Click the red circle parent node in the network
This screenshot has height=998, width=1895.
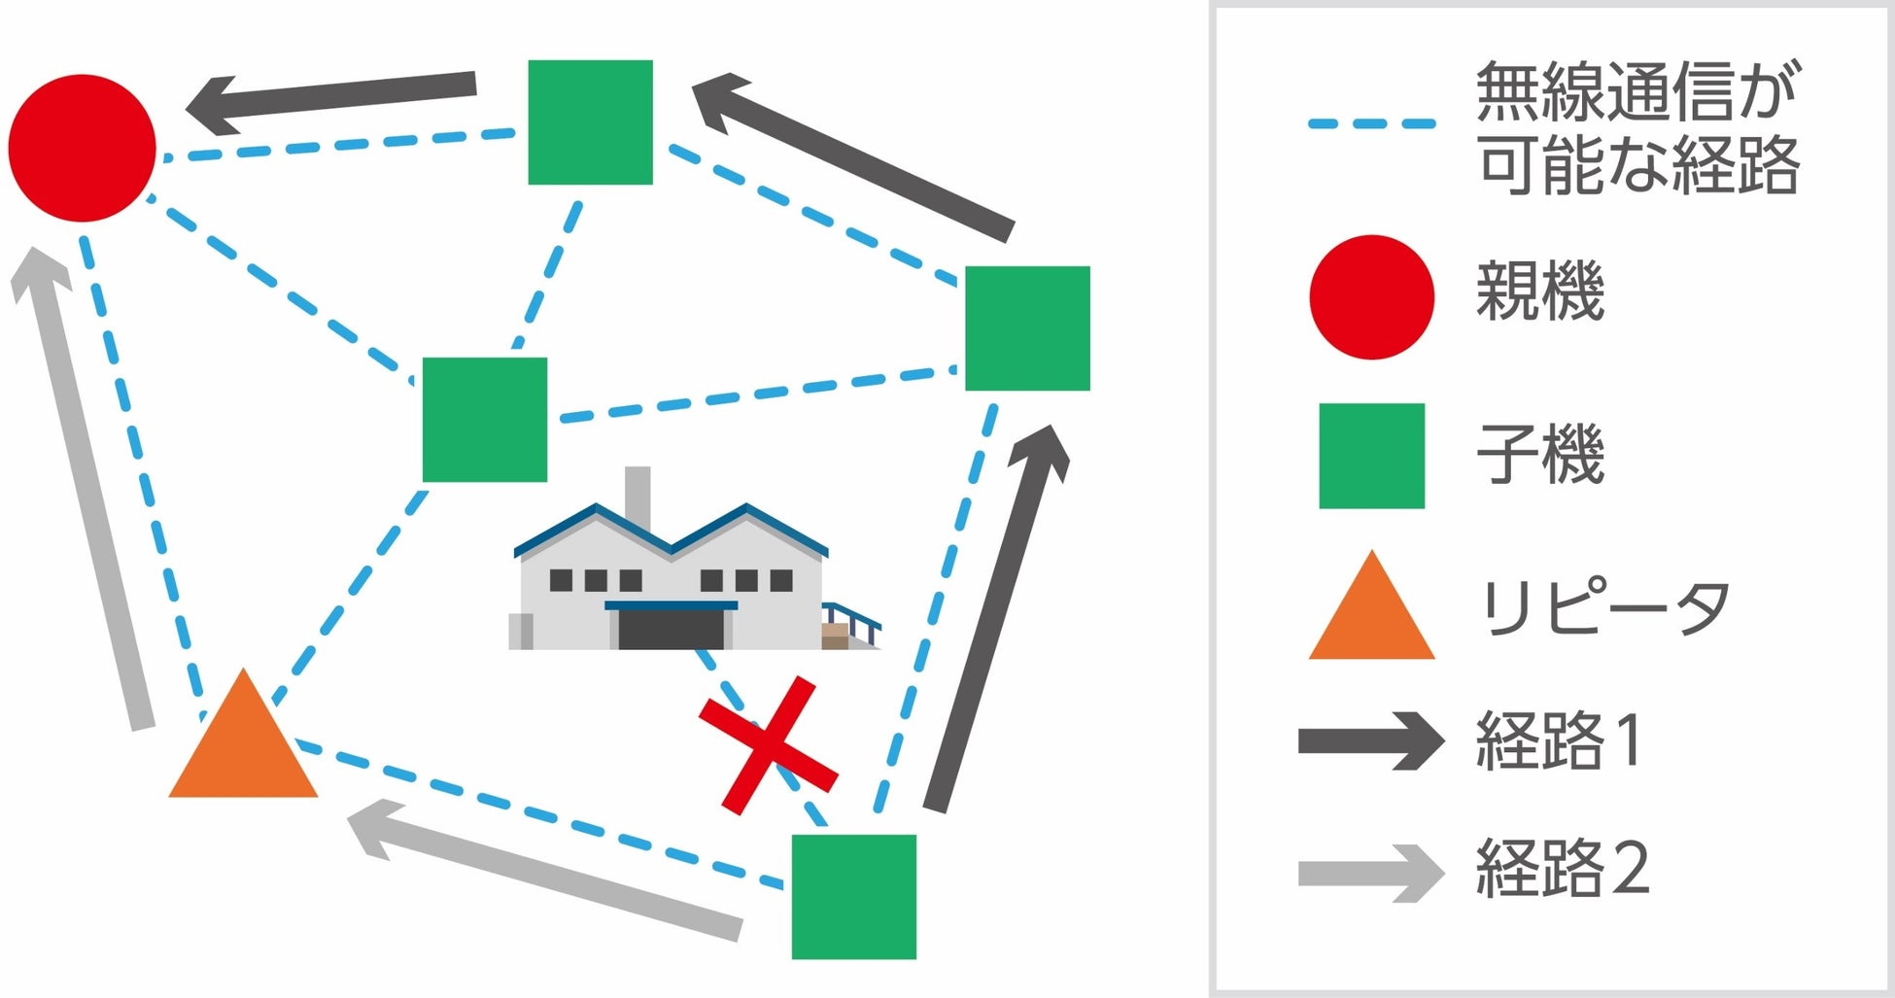pyautogui.click(x=82, y=148)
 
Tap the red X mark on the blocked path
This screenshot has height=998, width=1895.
pyautogui.click(x=768, y=745)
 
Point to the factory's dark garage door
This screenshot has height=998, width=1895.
pyautogui.click(x=672, y=629)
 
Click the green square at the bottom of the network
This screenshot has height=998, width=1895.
pyautogui.click(x=853, y=896)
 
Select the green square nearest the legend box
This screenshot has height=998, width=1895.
pyautogui.click(x=1027, y=328)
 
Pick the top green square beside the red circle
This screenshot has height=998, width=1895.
pyautogui.click(x=590, y=122)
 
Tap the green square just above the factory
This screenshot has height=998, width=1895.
pyautogui.click(x=484, y=420)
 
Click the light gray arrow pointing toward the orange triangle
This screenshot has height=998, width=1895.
pyautogui.click(x=544, y=871)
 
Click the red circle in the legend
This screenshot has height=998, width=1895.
pyautogui.click(x=1371, y=297)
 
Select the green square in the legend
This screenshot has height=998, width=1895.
pyautogui.click(x=1371, y=456)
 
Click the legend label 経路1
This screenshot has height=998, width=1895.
pyautogui.click(x=1559, y=740)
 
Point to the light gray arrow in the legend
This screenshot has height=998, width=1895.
pyautogui.click(x=1370, y=873)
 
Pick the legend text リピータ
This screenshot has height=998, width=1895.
pyautogui.click(x=1603, y=608)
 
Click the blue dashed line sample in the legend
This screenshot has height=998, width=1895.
pyautogui.click(x=1371, y=124)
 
